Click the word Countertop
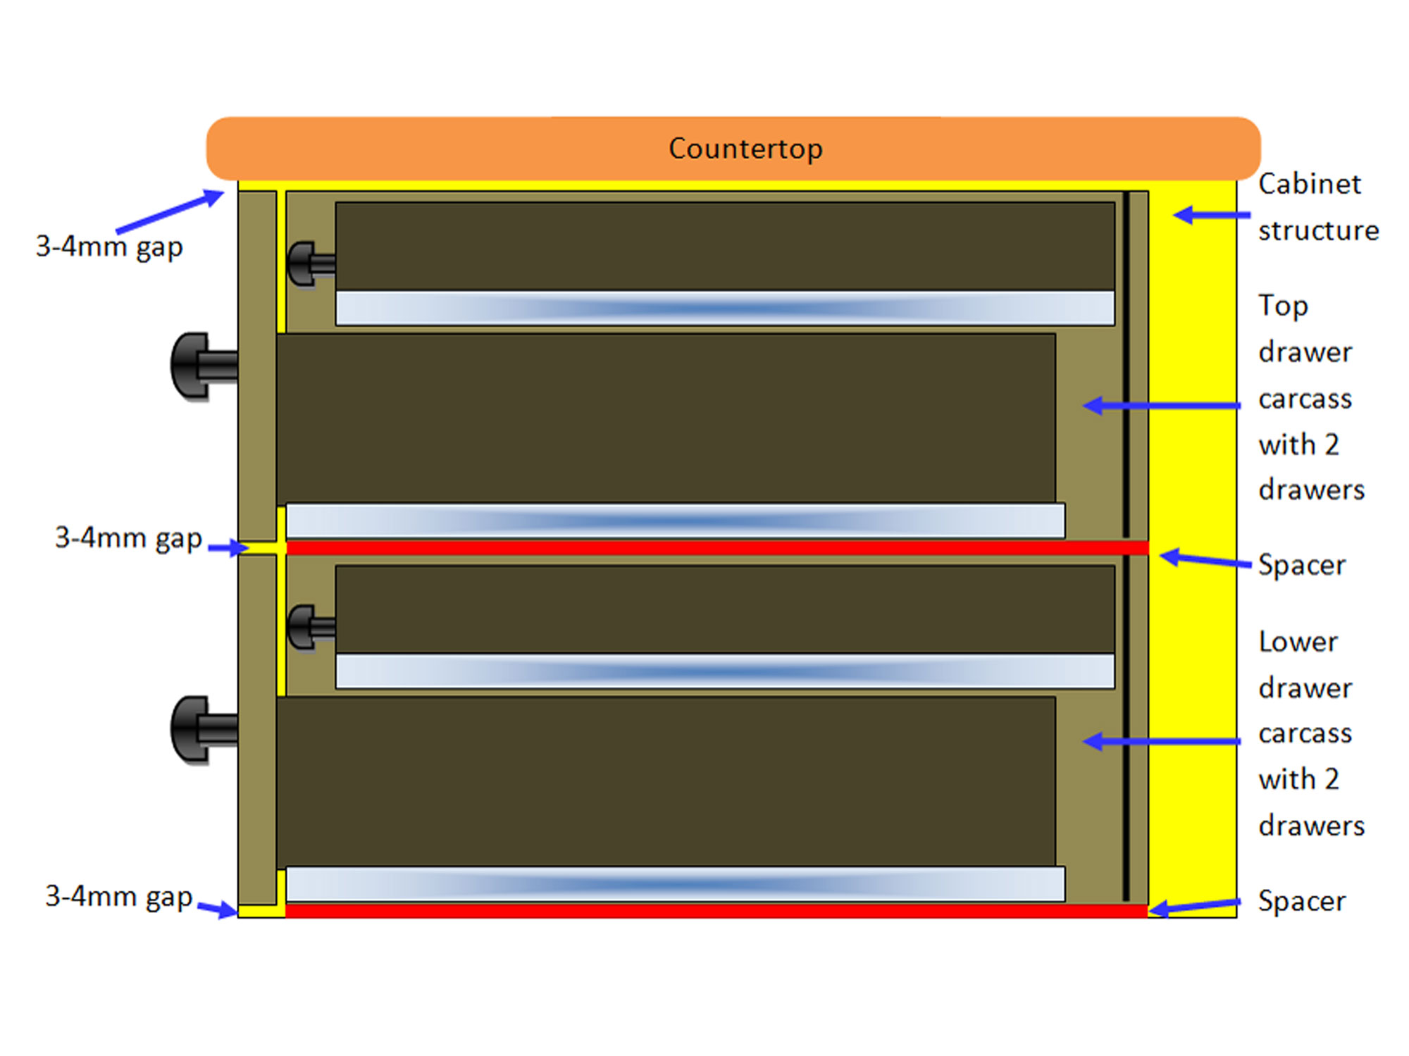(745, 149)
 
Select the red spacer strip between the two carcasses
(716, 547)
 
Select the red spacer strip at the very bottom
(716, 911)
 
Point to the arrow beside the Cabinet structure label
(1210, 215)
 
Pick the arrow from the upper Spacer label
(1205, 561)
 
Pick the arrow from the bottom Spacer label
(1194, 906)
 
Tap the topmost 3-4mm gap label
(109, 247)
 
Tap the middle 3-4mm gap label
(128, 538)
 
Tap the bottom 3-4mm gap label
(118, 897)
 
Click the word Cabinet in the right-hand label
(1310, 184)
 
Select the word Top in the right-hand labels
(1283, 306)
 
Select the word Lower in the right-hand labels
(1298, 642)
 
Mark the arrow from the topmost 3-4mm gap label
(170, 211)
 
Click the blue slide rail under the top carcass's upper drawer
(724, 309)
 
